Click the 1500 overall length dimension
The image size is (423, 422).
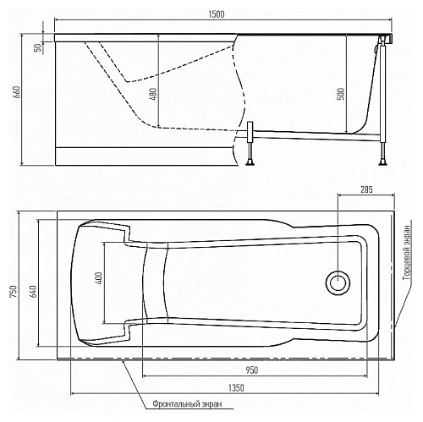click(217, 14)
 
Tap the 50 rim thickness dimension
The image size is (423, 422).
click(37, 47)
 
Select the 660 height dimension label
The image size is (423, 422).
click(17, 92)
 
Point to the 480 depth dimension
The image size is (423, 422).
click(152, 94)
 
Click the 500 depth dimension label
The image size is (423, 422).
click(341, 94)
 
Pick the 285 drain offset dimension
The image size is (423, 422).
click(366, 189)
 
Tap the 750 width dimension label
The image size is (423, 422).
click(13, 292)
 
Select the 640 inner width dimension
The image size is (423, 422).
click(33, 292)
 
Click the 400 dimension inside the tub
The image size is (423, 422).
click(98, 278)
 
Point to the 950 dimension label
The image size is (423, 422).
click(251, 370)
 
